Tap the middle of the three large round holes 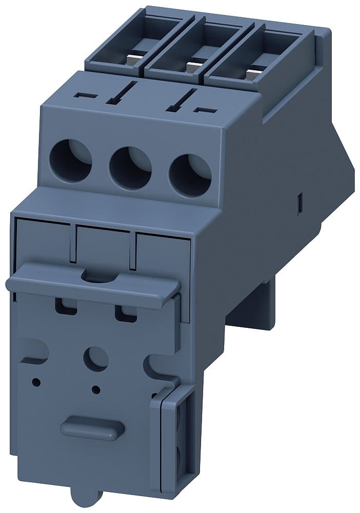click(x=130, y=168)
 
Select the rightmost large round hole click(x=190, y=175)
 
